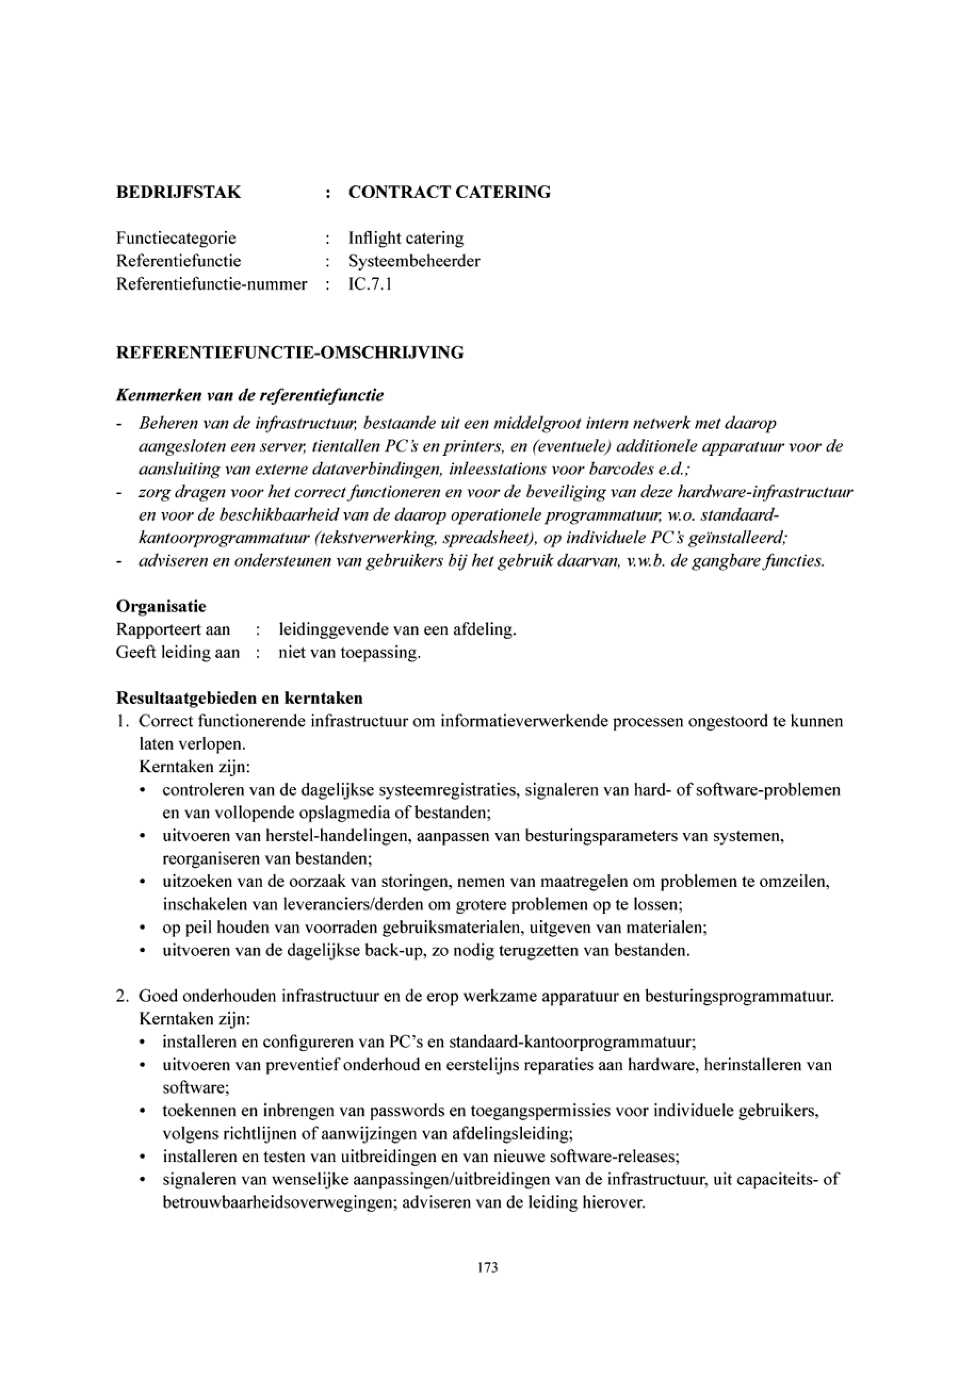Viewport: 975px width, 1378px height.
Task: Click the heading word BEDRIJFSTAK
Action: click(x=178, y=192)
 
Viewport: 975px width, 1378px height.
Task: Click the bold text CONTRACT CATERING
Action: click(x=449, y=192)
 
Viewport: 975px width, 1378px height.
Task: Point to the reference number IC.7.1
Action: click(x=370, y=284)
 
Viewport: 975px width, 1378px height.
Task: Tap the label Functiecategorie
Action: click(x=176, y=238)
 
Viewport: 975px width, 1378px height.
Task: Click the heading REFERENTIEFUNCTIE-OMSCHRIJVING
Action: click(x=289, y=352)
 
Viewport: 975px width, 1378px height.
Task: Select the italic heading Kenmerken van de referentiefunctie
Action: click(x=250, y=396)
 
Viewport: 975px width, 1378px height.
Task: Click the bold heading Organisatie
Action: click(x=161, y=606)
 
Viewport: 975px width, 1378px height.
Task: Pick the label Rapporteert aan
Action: click(x=173, y=629)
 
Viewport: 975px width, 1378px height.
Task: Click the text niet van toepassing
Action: click(x=350, y=652)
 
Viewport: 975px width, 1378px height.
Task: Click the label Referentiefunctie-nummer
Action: click(x=212, y=284)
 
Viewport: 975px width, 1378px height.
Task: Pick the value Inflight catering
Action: click(x=406, y=238)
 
